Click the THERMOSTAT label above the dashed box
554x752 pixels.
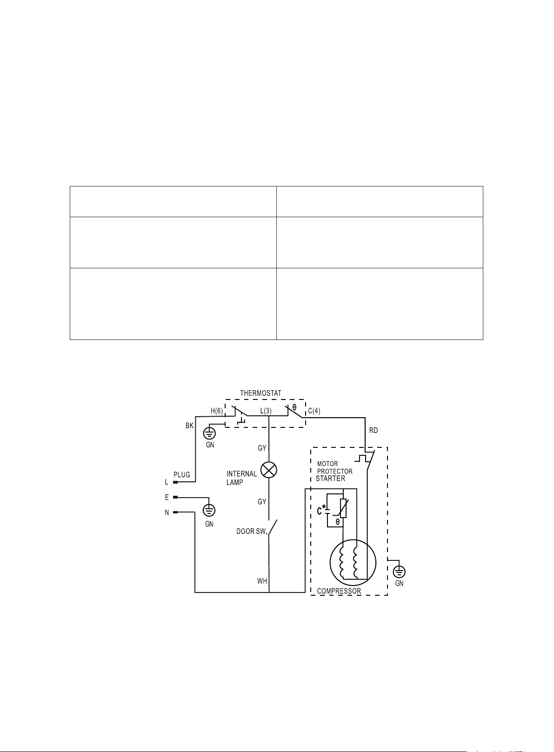(x=260, y=393)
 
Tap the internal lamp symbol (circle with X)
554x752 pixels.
(x=269, y=470)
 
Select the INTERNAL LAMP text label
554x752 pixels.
(x=241, y=478)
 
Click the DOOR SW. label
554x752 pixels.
(x=251, y=532)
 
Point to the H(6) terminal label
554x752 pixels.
(x=217, y=411)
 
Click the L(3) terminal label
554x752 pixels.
(x=266, y=411)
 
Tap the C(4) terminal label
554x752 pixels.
(x=314, y=411)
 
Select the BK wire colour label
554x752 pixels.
(x=189, y=426)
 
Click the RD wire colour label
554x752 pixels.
(x=374, y=430)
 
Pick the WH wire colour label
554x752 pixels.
(x=262, y=581)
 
